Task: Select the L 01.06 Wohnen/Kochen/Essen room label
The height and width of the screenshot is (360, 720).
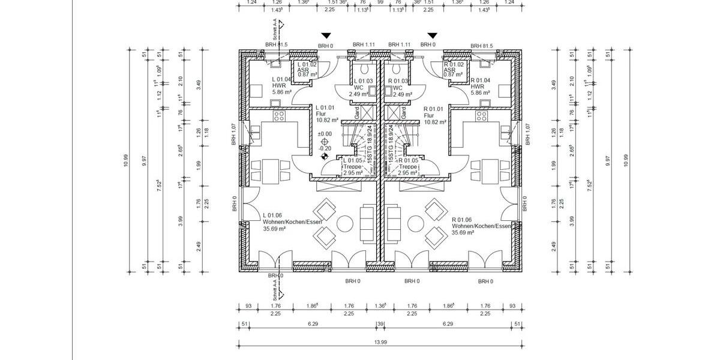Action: point(292,221)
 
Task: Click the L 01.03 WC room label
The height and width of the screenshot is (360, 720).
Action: point(364,88)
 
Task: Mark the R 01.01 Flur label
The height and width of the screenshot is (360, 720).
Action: point(434,115)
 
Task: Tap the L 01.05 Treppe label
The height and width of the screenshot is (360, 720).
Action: point(353,167)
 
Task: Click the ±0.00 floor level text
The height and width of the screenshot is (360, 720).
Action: point(325,134)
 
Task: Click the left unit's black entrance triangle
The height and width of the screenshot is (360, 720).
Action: point(325,36)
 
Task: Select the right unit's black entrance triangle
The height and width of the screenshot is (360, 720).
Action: point(432,36)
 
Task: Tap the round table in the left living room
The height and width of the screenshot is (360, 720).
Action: point(346,224)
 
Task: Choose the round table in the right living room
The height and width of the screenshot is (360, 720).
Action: point(415,224)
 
